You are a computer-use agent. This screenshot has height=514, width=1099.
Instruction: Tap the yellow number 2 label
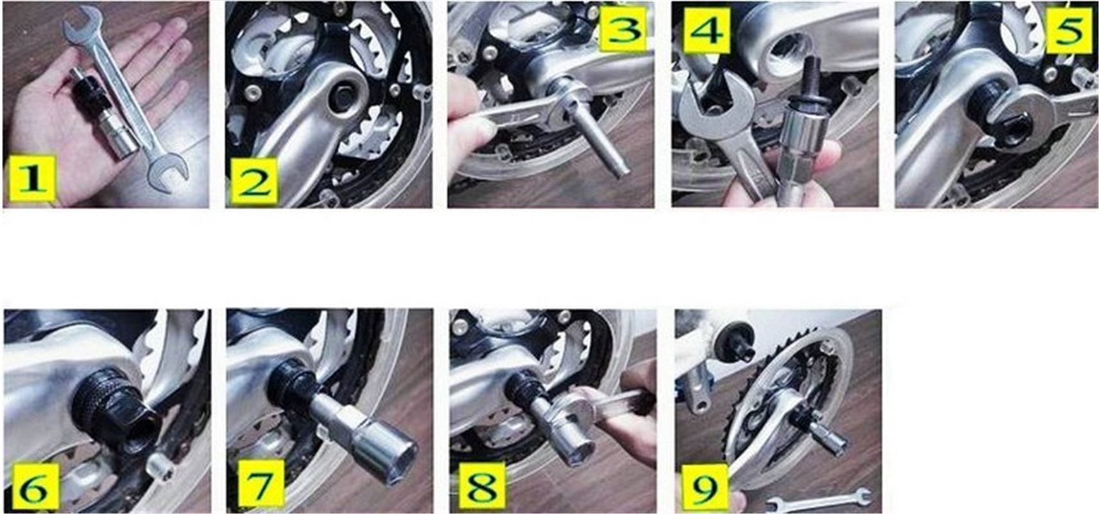pyautogui.click(x=255, y=181)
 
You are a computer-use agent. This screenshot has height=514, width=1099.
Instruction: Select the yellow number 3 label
pyautogui.click(x=623, y=29)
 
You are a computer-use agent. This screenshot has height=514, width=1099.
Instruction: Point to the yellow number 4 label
pyautogui.click(x=706, y=30)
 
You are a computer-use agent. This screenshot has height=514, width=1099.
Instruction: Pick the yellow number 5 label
pyautogui.click(x=1069, y=30)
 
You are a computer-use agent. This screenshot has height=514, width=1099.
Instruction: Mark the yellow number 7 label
pyautogui.click(x=261, y=483)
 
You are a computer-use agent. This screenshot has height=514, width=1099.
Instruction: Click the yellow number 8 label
pyautogui.click(x=482, y=485)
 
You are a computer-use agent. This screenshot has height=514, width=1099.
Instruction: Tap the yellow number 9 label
pyautogui.click(x=704, y=486)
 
